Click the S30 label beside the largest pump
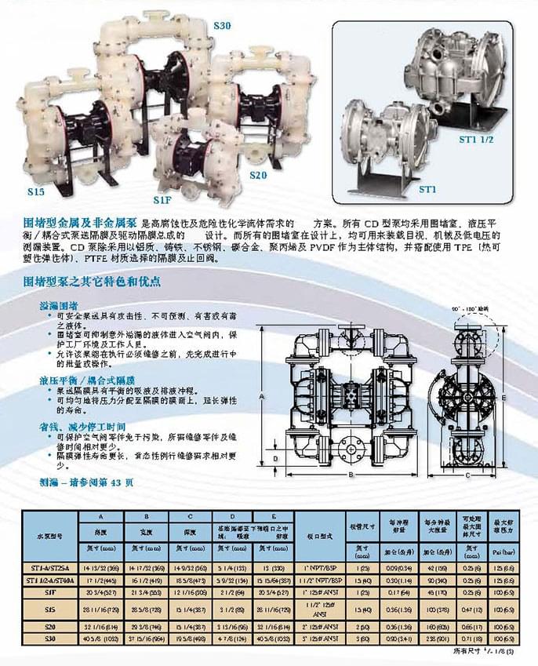[x=223, y=26]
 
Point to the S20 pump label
[x=259, y=175]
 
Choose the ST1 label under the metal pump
[x=427, y=190]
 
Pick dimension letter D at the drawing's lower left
[x=276, y=457]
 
